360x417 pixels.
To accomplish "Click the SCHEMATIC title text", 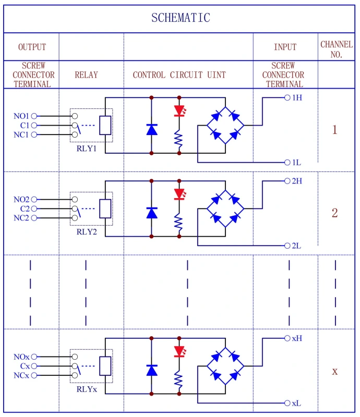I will (x=181, y=18).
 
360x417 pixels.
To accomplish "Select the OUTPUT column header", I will (x=32, y=47).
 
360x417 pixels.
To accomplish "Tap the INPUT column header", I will (x=285, y=47).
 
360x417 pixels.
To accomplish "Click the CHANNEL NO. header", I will (x=336, y=49).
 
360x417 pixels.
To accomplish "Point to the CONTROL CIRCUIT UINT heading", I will (x=179, y=75).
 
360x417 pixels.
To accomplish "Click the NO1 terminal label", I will (x=21, y=116).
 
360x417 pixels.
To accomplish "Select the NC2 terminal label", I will (x=21, y=218).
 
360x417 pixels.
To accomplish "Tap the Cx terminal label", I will (x=25, y=366).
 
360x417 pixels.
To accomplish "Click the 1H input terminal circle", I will (x=287, y=97).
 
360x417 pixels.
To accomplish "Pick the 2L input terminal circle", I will (x=287, y=246).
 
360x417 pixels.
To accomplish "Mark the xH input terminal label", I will (x=297, y=338).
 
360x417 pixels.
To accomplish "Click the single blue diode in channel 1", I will (x=152, y=129).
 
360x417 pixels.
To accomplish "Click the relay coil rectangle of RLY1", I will (x=105, y=125).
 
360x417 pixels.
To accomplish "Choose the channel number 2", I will (x=335, y=213).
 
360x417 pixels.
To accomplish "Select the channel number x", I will (x=335, y=372).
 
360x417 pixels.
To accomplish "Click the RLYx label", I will (x=87, y=389).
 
